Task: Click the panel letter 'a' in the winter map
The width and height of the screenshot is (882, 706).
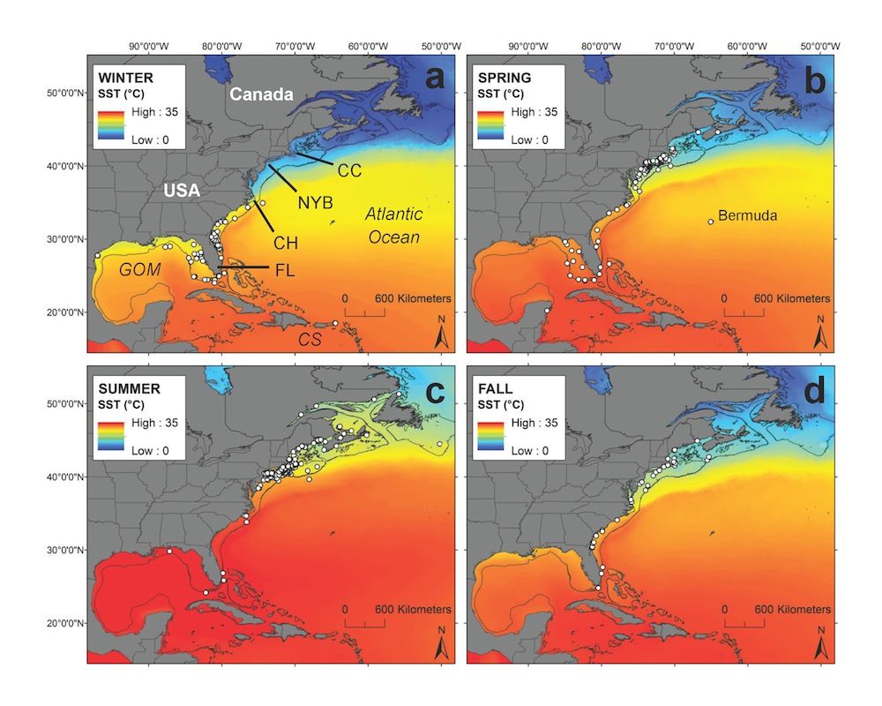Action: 435,79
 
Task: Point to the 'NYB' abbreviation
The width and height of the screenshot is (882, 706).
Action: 315,203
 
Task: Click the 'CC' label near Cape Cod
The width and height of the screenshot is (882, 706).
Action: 349,170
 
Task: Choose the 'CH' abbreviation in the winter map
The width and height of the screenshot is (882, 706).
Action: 285,242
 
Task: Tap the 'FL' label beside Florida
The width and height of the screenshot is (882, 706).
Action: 284,270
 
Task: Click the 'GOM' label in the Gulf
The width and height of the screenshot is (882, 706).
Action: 141,270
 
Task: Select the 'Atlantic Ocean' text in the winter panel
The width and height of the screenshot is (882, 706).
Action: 393,226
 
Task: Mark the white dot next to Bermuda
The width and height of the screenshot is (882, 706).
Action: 711,222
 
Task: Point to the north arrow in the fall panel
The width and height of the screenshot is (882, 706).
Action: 822,645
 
